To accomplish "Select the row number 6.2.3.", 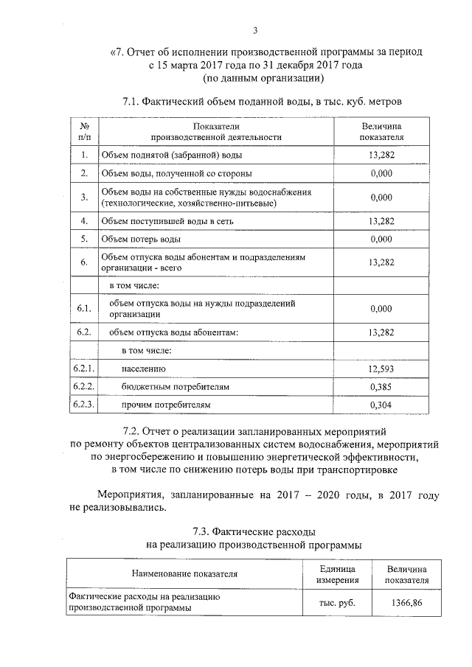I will [84, 405].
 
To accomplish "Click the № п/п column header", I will [84, 131].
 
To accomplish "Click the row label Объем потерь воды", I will [141, 240].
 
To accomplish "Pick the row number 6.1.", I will [84, 307].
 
